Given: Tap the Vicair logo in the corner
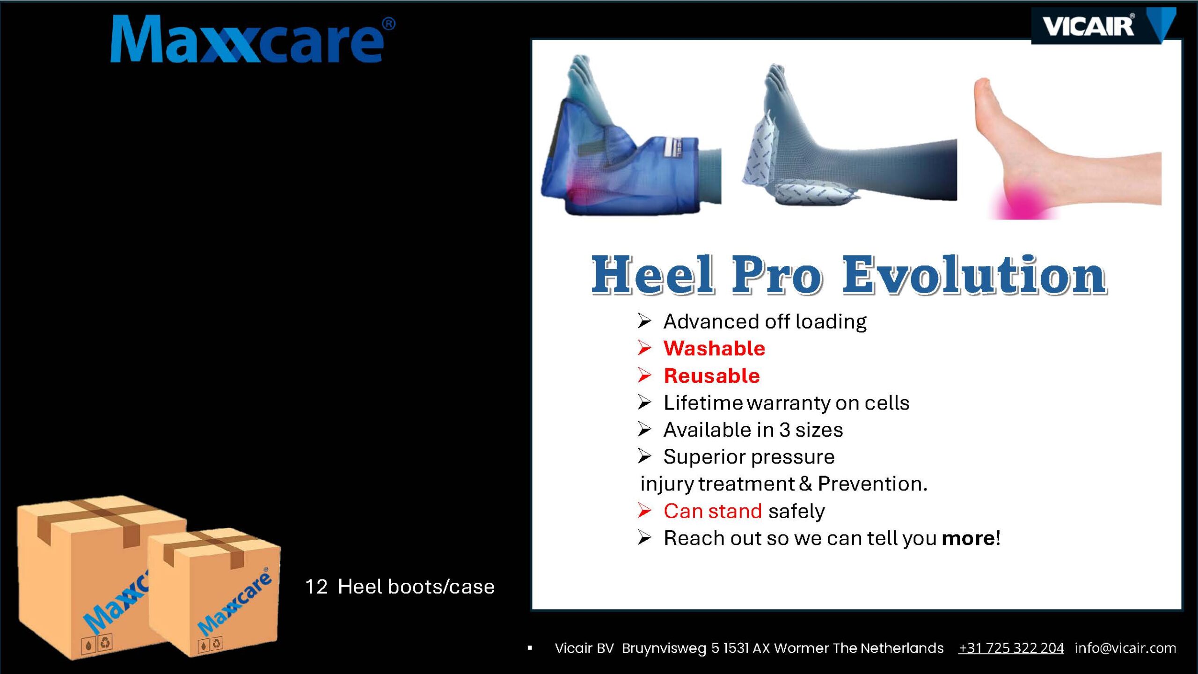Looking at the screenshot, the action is (1103, 26).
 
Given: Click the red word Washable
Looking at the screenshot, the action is (714, 348).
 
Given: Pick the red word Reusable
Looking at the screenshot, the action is (712, 375).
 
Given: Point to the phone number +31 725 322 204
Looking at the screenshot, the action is (1011, 648).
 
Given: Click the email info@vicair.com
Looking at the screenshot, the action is (1125, 648).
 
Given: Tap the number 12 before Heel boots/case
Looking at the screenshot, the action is (316, 586).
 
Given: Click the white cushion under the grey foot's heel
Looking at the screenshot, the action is (812, 193).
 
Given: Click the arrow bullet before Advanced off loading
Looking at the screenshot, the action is (644, 321).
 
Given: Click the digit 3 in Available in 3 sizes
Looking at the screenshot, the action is (784, 430).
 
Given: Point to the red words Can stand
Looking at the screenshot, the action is (713, 511).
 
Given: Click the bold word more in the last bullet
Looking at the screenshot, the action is (968, 538).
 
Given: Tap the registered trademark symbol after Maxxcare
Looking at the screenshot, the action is (388, 24).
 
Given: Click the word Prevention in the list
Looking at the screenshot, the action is (872, 484).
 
